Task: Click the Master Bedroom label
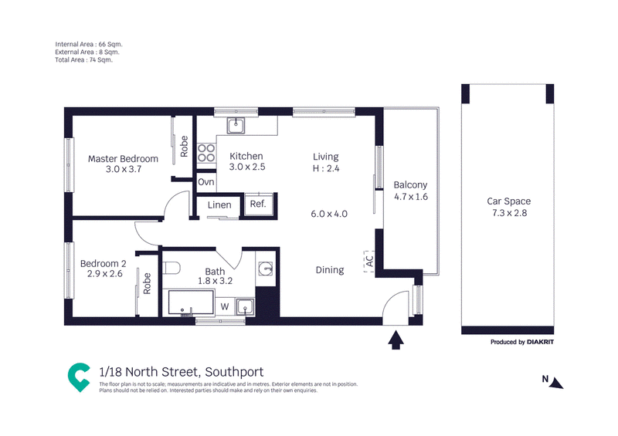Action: pyautogui.click(x=123, y=159)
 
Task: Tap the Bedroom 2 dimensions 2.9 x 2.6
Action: pyautogui.click(x=105, y=274)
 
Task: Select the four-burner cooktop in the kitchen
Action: pyautogui.click(x=206, y=154)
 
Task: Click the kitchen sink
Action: pyautogui.click(x=236, y=126)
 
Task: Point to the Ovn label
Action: pyautogui.click(x=206, y=182)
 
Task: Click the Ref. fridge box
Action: pyautogui.click(x=258, y=204)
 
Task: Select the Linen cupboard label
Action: pyautogui.click(x=219, y=204)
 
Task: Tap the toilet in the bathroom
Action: pyautogui.click(x=171, y=269)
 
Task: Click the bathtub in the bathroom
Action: pyautogui.click(x=191, y=302)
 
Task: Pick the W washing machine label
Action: pyautogui.click(x=225, y=306)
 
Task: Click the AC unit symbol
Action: pyautogui.click(x=369, y=261)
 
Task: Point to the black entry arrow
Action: pyautogui.click(x=396, y=340)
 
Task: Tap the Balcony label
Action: pyautogui.click(x=410, y=184)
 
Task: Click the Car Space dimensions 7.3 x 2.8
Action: pyautogui.click(x=509, y=213)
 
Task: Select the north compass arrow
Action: pyautogui.click(x=557, y=383)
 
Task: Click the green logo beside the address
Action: pyautogui.click(x=79, y=377)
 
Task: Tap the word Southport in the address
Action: pyautogui.click(x=234, y=372)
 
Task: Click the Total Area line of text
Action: pyautogui.click(x=83, y=60)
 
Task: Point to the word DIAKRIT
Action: pyautogui.click(x=540, y=342)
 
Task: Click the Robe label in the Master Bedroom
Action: pyautogui.click(x=184, y=147)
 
